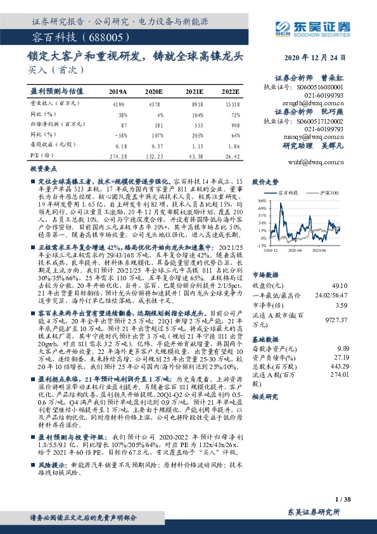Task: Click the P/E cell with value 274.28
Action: [x=118, y=155]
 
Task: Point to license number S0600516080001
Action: [x=321, y=88]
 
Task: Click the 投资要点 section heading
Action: [x=44, y=171]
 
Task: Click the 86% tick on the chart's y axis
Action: [x=262, y=200]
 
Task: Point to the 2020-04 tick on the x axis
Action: [x=295, y=251]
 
